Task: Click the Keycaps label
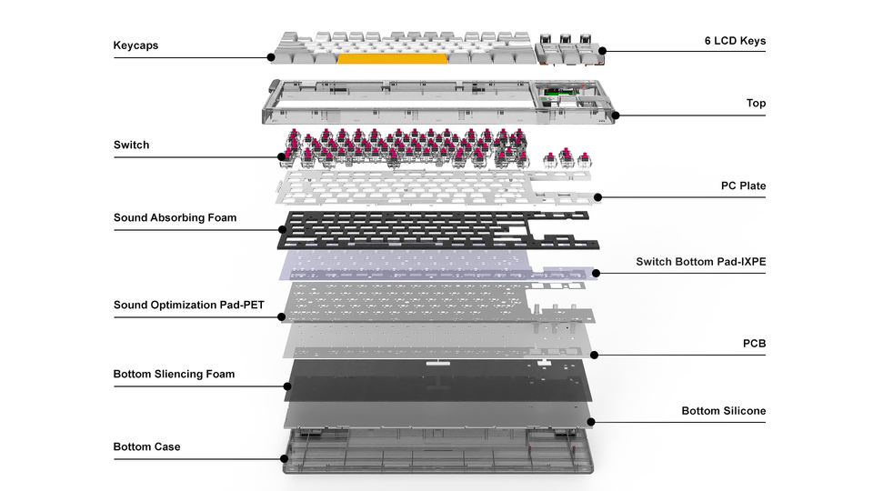click(135, 45)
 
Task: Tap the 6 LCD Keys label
click(735, 41)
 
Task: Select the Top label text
click(756, 104)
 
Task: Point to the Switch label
click(131, 145)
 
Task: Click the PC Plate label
click(743, 186)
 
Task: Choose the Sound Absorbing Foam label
click(175, 218)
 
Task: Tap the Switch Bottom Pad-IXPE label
click(700, 263)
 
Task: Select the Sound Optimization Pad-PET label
click(188, 306)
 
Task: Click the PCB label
click(754, 344)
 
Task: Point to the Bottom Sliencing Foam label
click(174, 375)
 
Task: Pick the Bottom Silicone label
click(723, 411)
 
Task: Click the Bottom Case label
click(146, 447)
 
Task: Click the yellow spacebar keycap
click(392, 58)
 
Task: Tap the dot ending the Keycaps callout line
click(271, 57)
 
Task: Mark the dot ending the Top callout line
click(615, 115)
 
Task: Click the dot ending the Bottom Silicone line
click(592, 421)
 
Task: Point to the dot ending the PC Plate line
click(598, 197)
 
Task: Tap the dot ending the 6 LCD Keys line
click(602, 52)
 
